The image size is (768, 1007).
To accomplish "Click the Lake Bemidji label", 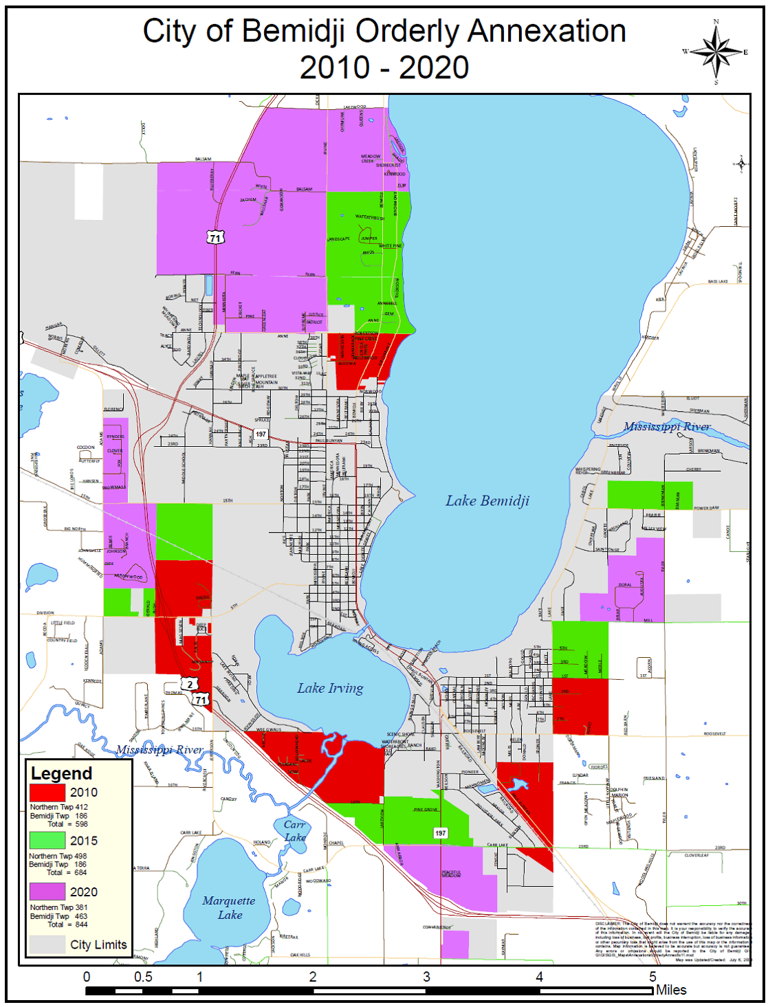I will [487, 500].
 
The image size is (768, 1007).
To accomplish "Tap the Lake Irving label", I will [330, 688].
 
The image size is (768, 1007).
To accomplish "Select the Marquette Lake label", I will [229, 907].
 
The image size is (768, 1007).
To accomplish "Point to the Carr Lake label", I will [294, 830].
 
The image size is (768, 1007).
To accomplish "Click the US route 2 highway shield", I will [190, 685].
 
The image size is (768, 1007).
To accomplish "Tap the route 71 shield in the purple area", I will [215, 238].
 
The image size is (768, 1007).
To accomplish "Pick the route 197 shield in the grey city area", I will [260, 434].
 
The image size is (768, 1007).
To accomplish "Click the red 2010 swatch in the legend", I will [47, 793].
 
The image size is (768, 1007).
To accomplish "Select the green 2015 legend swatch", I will [47, 841].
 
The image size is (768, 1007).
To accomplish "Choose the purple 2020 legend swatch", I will [47, 892].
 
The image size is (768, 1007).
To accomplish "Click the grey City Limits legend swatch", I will [47, 944].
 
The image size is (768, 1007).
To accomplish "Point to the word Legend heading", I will [61, 773].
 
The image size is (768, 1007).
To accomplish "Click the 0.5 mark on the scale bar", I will [143, 976].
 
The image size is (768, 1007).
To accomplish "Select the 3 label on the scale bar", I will [426, 976].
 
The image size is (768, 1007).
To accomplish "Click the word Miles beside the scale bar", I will [671, 990].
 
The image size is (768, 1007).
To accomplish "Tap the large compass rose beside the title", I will [716, 52].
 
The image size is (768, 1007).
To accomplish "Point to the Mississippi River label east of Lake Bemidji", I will [666, 427].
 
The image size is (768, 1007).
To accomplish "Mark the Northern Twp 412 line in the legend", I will [59, 807].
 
